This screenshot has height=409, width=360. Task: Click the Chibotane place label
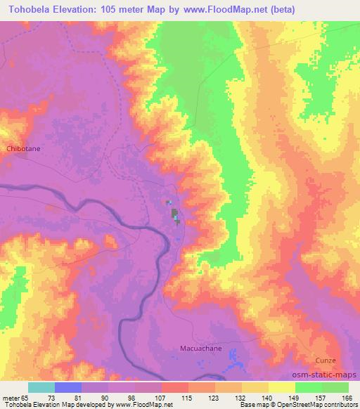pos(24,149)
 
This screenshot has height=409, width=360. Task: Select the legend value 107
pos(162,397)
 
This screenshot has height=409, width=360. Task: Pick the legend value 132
pos(242,397)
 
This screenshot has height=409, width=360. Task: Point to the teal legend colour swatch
pos(41,387)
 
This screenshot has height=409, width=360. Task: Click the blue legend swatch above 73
pos(68,387)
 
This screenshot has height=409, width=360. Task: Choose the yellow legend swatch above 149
pos(282,387)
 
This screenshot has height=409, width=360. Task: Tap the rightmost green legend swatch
pos(335,387)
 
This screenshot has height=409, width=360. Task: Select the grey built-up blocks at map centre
pos(174,214)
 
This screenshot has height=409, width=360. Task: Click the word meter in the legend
pos(11,397)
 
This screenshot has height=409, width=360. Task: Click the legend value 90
pos(108,397)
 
